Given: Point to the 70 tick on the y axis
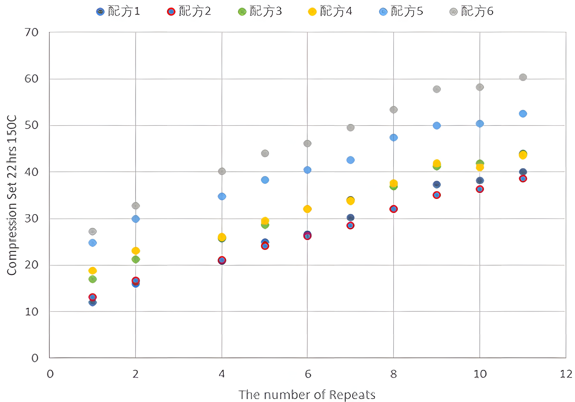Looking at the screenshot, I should coord(32,33).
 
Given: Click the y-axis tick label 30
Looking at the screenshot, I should coord(32,219).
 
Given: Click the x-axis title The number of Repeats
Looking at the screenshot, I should coord(307,395).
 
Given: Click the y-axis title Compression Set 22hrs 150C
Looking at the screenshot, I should coord(12,195).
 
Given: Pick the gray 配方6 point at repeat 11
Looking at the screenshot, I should coord(523,77).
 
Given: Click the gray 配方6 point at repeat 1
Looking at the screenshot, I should coord(93,232).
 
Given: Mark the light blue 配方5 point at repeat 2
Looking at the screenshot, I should coord(136,219).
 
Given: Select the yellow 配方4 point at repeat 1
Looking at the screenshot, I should coord(93,270).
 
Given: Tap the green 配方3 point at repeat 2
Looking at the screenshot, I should coord(136,259).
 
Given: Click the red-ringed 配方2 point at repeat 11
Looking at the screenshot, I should coord(523,179).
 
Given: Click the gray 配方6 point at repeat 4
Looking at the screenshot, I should coord(222,171).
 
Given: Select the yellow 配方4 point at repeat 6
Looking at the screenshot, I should coord(307,209).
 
